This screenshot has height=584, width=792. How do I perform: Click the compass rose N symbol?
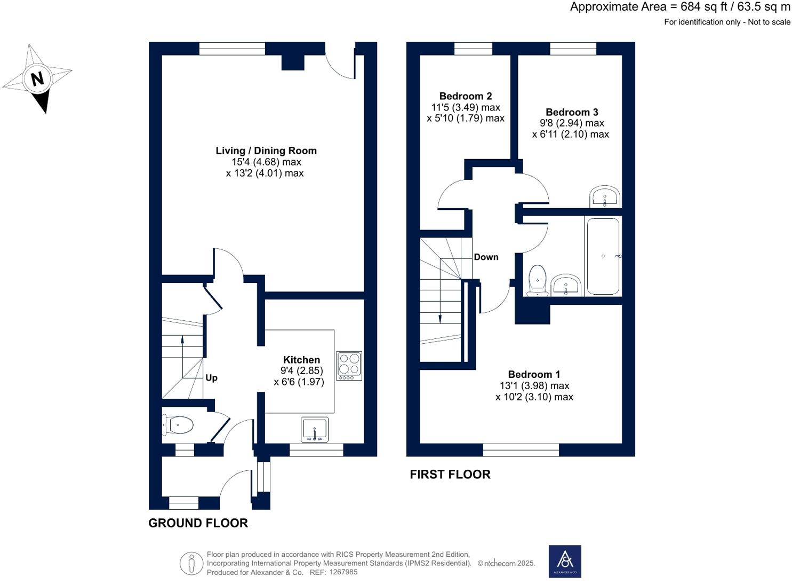coord(37,79)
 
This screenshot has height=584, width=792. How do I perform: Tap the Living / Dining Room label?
coord(266,151)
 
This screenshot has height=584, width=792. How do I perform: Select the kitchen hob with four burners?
coord(349,366)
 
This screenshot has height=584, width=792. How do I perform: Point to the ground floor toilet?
coord(178,425)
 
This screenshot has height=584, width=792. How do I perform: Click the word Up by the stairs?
coord(211,378)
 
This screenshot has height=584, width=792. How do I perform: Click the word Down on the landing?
coord(486,257)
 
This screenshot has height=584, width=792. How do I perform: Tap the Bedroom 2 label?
coord(465,96)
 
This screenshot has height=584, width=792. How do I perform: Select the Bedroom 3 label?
coord(571,112)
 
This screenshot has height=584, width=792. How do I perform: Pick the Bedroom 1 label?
coord(534,374)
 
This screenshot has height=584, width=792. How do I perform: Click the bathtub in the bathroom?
coord(603,256)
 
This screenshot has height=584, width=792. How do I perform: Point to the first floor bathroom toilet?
coord(537,281)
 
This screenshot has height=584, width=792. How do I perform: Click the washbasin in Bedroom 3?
coord(605,197)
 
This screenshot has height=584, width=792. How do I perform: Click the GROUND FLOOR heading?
coord(198,523)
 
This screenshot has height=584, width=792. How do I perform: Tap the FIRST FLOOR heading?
coord(450,474)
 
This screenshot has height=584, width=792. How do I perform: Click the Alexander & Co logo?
coord(565,561)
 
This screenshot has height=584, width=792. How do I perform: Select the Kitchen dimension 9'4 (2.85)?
coord(301,370)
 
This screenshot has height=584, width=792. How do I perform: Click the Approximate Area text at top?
coord(680,7)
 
